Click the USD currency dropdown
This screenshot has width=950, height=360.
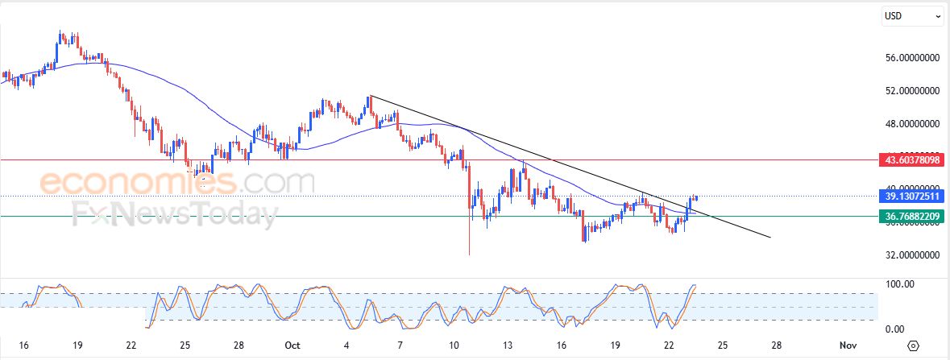[x=913, y=15]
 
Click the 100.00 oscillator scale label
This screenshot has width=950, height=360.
[x=898, y=284]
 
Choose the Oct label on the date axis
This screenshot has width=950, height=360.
[x=292, y=345]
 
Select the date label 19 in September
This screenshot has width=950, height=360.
[x=77, y=345]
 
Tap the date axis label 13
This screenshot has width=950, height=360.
[x=508, y=345]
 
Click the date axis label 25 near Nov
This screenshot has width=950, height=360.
[x=723, y=345]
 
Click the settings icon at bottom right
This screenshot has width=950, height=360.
[x=913, y=346]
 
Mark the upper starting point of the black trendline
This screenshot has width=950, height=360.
[x=370, y=96]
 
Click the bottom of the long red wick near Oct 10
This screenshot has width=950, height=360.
[x=469, y=255]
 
